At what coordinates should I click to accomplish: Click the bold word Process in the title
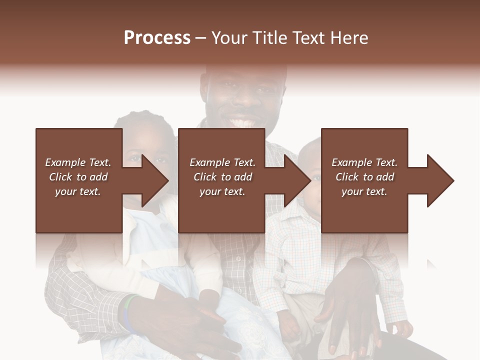tap(157, 38)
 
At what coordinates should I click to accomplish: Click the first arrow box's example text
tap(78, 177)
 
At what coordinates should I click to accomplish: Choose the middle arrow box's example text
tap(222, 177)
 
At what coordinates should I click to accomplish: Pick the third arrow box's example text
tap(364, 177)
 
